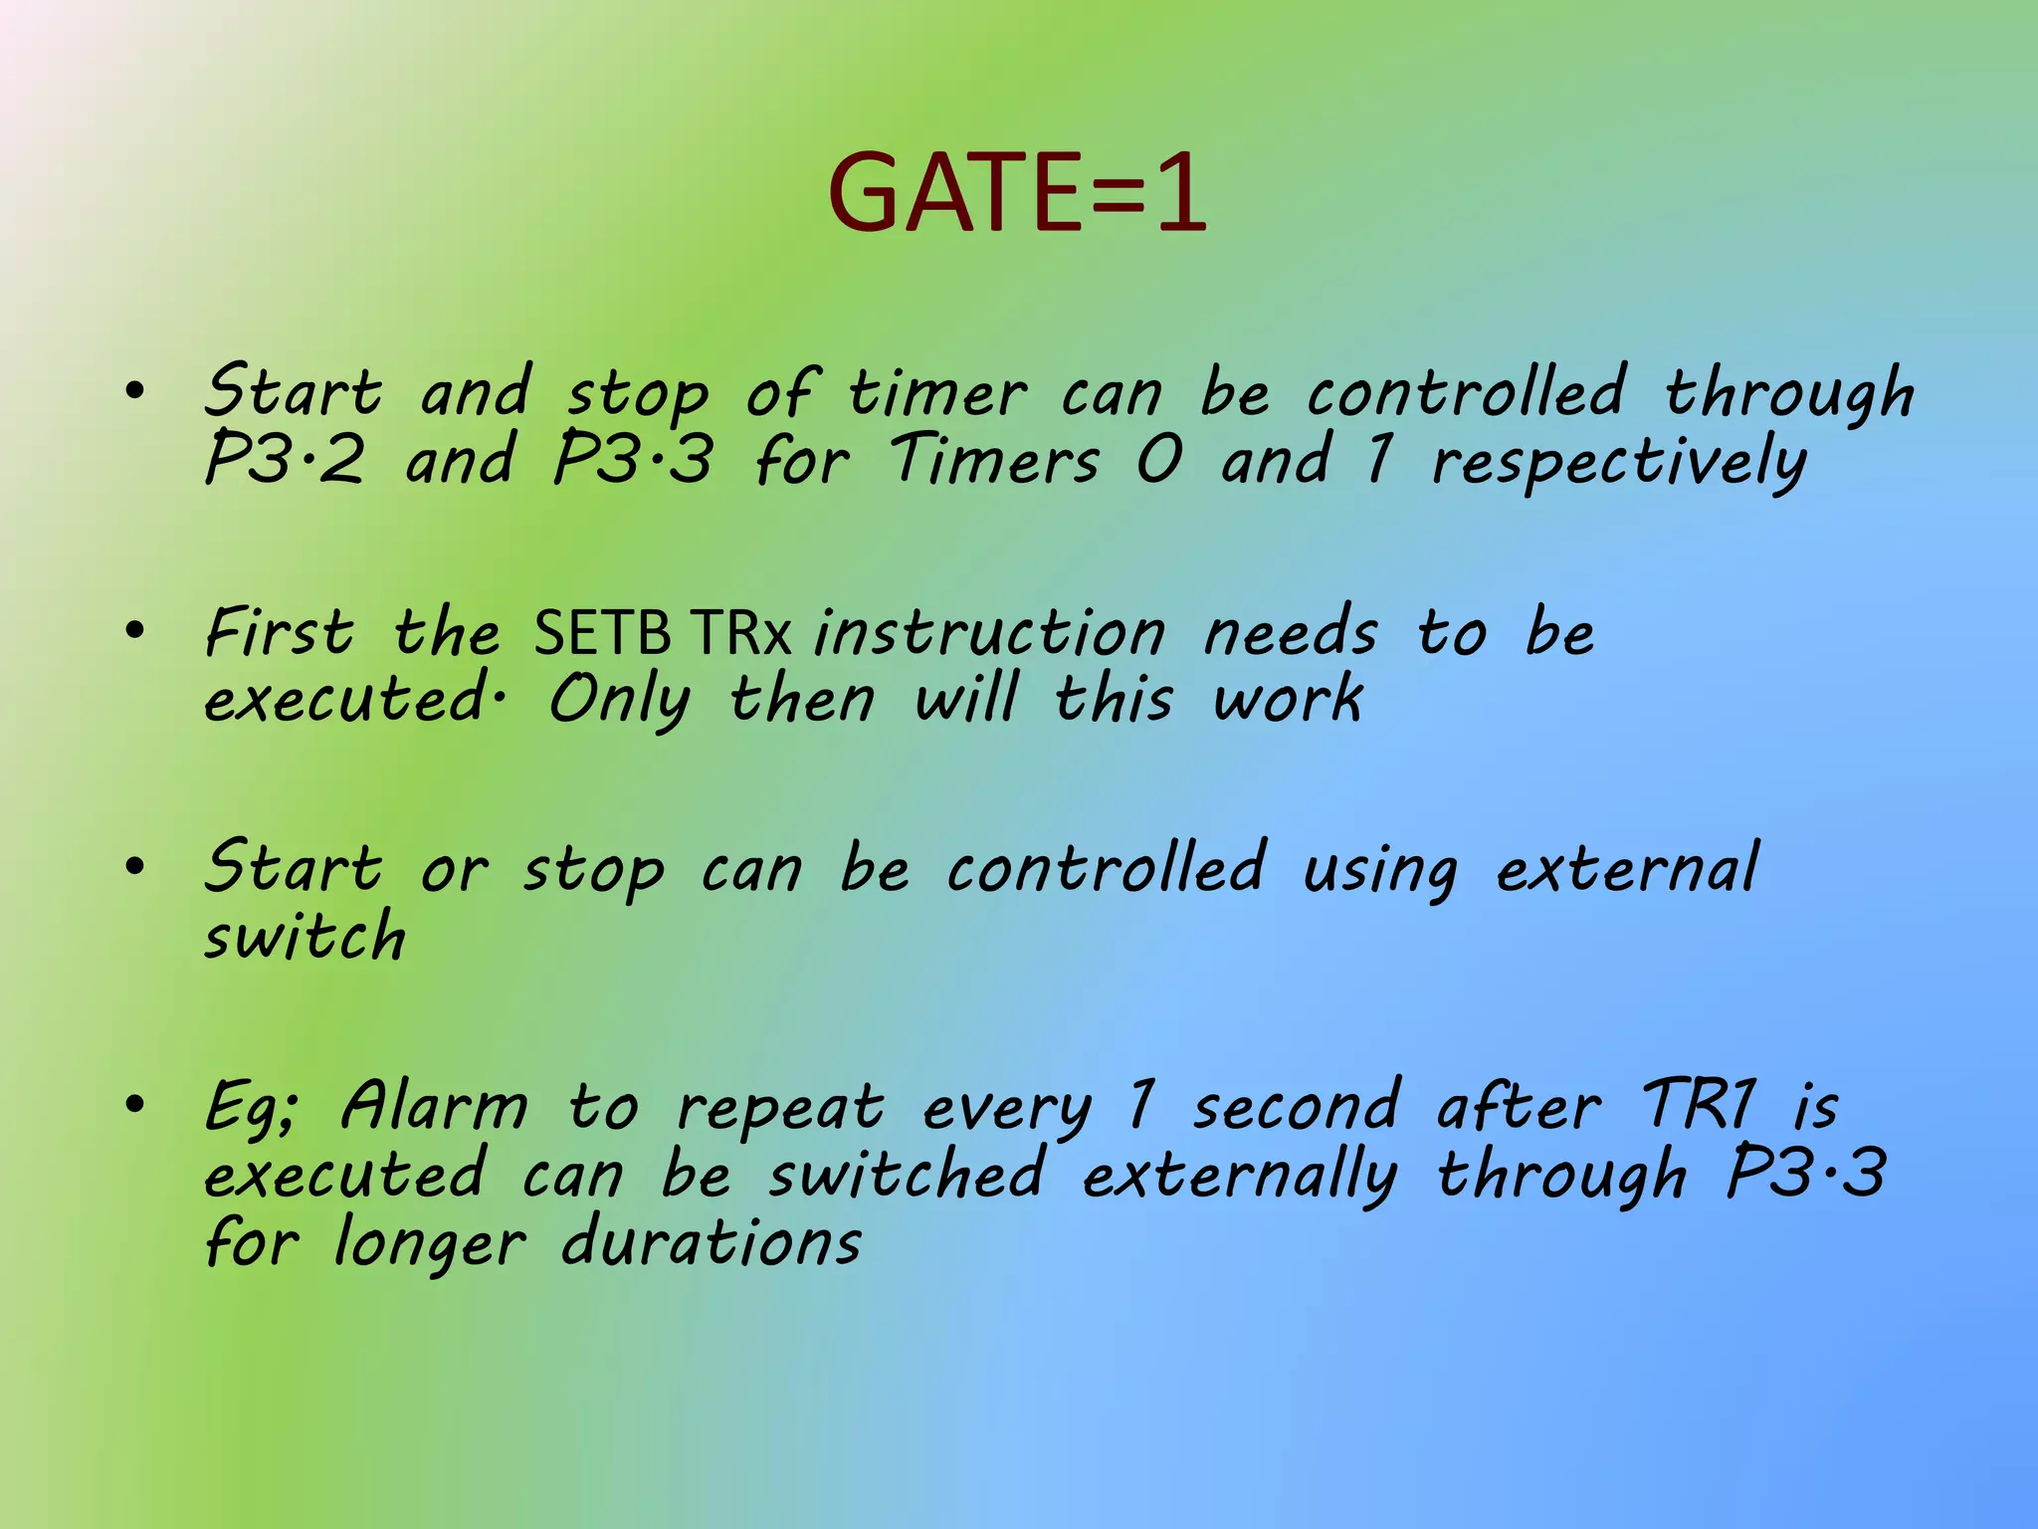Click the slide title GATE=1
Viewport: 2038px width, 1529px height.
tap(1017, 192)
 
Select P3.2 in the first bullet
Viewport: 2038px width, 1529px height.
tap(284, 460)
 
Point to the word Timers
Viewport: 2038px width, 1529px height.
tap(995, 460)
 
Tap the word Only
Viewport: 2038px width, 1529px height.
tap(619, 699)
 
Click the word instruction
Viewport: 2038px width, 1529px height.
tap(989, 632)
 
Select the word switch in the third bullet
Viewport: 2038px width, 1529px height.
tap(305, 937)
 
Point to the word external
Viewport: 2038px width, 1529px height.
tap(1628, 868)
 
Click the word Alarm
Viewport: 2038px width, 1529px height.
tap(434, 1107)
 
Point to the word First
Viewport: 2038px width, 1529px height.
tap(280, 632)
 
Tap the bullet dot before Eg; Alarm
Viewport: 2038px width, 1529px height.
tap(135, 1104)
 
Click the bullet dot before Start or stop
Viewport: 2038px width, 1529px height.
tap(135, 866)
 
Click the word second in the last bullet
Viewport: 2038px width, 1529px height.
tap(1297, 1107)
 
